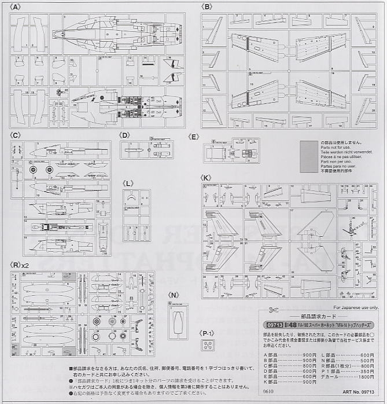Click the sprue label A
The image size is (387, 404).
[x=15, y=6]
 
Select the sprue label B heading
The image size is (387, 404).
[x=207, y=6]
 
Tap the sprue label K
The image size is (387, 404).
[x=206, y=177]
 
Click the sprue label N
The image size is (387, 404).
[x=174, y=294]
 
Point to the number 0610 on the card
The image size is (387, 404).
[x=267, y=391]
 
